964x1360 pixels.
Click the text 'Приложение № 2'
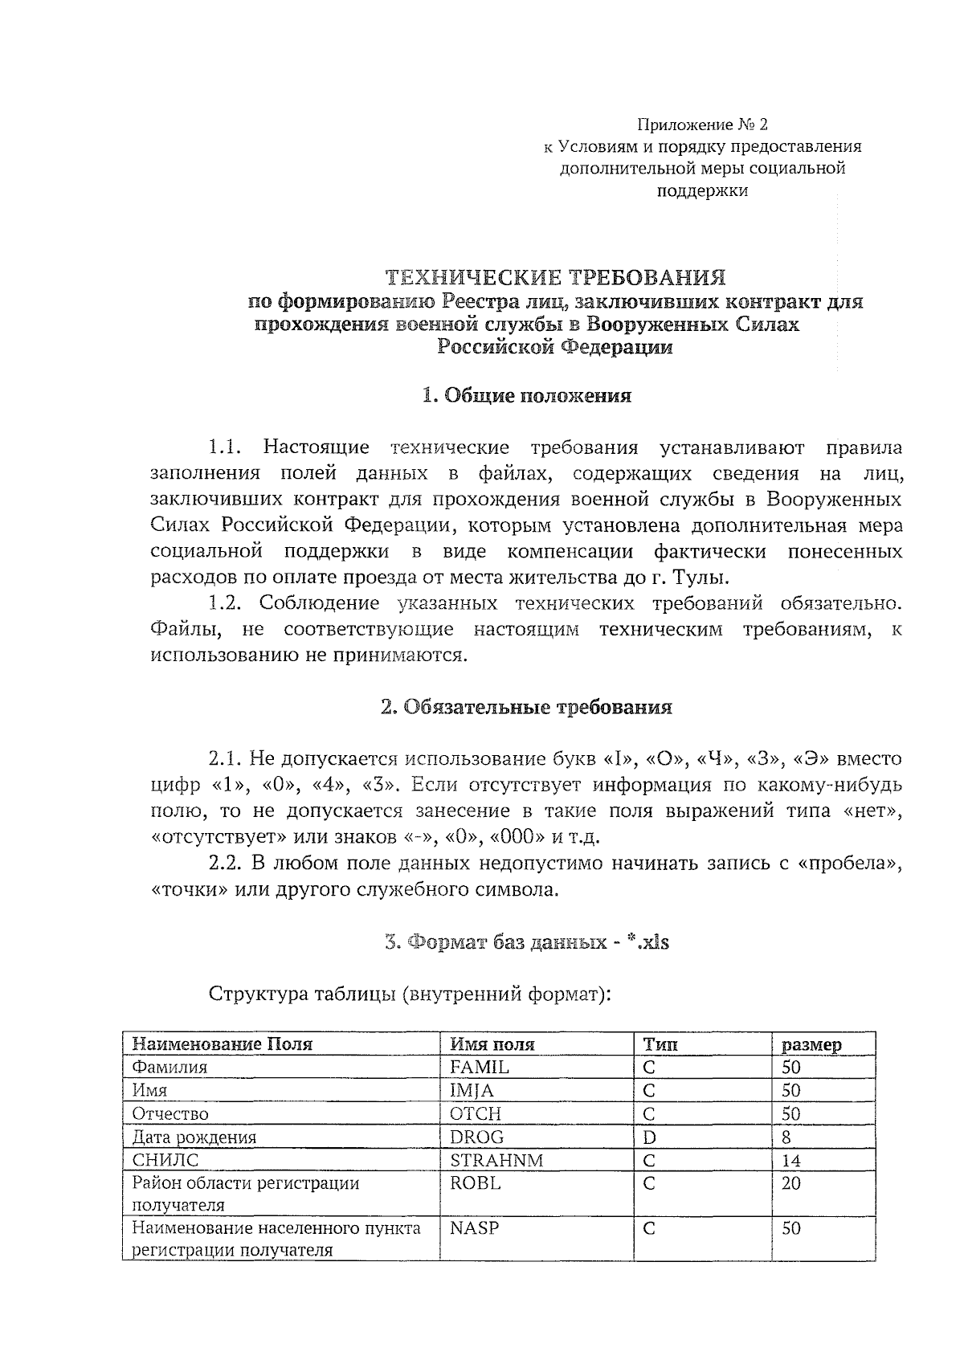click(x=702, y=125)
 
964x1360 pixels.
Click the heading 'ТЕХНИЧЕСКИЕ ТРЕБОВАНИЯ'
click(x=555, y=278)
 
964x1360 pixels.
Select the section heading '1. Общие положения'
click(x=526, y=395)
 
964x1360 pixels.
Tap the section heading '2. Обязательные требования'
click(x=526, y=707)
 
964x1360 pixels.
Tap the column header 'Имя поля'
click(x=492, y=1043)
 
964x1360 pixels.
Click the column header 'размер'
click(x=811, y=1044)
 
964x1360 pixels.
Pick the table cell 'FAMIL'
click(x=480, y=1067)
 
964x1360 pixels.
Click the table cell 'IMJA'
click(x=472, y=1090)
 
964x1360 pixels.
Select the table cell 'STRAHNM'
click(x=496, y=1160)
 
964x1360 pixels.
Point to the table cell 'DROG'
click(x=477, y=1137)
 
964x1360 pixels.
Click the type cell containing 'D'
click(x=649, y=1137)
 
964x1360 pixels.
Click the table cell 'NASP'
click(x=470, y=1228)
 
